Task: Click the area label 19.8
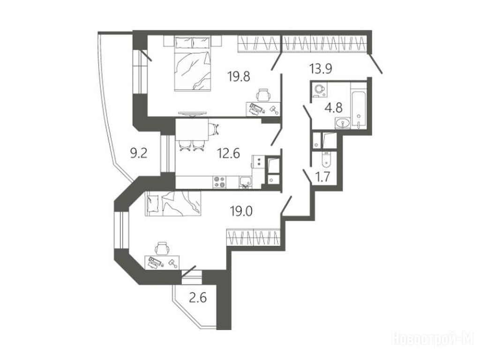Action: [x=239, y=76]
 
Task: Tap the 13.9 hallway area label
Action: [x=321, y=69]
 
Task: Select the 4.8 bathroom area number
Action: [x=334, y=108]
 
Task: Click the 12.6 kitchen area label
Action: [x=228, y=153]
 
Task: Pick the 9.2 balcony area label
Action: [x=139, y=153]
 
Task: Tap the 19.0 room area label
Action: [x=241, y=211]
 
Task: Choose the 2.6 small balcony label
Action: [x=198, y=297]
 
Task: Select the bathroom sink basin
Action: [x=342, y=124]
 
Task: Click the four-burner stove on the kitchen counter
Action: [x=219, y=182]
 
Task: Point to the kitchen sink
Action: [x=245, y=182]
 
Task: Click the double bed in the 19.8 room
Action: [x=193, y=63]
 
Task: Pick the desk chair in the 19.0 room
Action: [x=162, y=248]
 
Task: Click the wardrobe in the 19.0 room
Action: [x=254, y=237]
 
